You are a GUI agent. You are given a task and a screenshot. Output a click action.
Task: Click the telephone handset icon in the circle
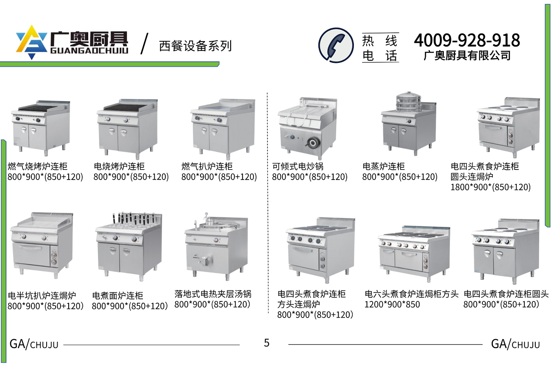tap(336, 46)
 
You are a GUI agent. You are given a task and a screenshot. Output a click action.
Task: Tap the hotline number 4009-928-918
tap(467, 40)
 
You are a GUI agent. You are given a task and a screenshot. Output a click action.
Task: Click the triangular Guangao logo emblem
tap(31, 42)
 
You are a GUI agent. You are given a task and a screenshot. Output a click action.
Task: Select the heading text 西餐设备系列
tap(195, 46)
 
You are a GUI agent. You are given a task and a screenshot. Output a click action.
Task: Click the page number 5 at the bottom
tap(267, 343)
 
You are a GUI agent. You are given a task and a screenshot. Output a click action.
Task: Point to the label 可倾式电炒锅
tap(298, 166)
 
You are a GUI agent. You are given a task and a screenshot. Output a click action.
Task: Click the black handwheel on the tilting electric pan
tap(313, 143)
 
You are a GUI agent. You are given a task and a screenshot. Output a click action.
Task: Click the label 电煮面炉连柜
tap(117, 296)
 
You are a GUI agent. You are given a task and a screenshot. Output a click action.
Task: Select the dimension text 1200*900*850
tap(392, 304)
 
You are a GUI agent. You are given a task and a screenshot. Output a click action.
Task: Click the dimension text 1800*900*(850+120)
tap(490, 187)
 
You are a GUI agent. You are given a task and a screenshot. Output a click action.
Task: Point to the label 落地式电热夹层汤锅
tap(213, 294)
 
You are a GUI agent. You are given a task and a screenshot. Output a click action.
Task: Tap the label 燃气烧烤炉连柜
tap(37, 166)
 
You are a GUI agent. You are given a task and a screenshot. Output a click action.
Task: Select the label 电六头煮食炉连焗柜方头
tap(412, 294)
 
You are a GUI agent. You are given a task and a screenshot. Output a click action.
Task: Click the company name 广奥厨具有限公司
tap(467, 55)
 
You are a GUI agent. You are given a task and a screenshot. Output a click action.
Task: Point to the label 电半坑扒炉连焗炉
tap(42, 296)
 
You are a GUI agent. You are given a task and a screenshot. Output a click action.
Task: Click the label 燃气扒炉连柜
tap(207, 166)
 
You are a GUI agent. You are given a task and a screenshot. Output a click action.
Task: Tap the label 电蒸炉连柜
tap(384, 166)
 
